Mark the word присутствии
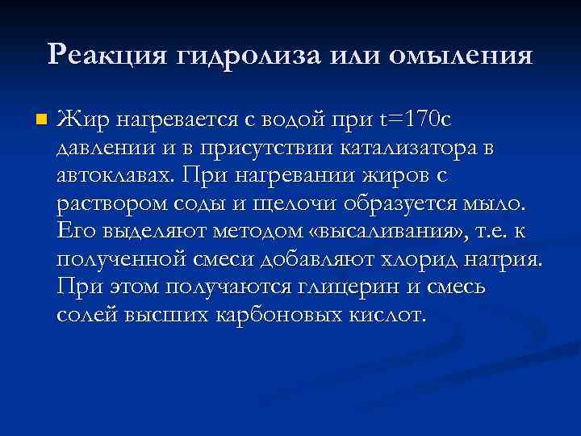coord(248,149)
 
